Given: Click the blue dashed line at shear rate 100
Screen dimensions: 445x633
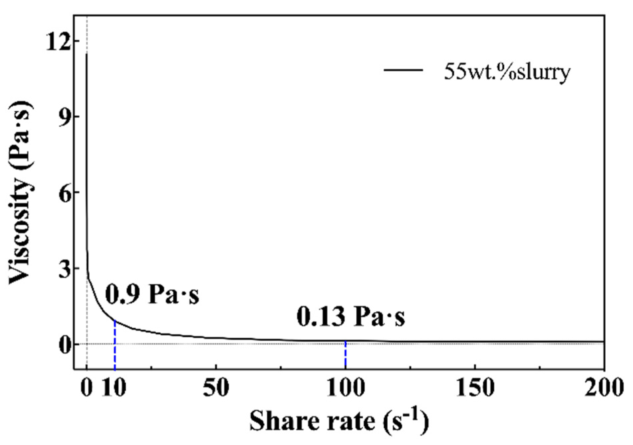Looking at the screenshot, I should pyautogui.click(x=346, y=356).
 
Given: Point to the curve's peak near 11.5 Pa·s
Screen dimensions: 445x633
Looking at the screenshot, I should pyautogui.click(x=87, y=54).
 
